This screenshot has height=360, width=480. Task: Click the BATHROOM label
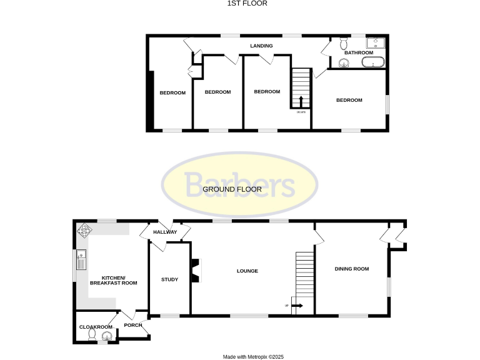click(359, 52)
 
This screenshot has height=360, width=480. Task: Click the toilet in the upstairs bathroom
click(343, 43)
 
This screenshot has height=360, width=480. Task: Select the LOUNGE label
click(247, 271)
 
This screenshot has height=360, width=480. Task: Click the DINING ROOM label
click(352, 269)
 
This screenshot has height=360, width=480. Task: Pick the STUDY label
click(169, 279)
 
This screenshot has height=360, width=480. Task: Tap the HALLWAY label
click(166, 232)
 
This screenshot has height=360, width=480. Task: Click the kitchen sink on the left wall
click(81, 258)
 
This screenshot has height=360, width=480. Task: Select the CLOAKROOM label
click(96, 327)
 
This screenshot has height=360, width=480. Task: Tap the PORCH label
click(132, 325)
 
